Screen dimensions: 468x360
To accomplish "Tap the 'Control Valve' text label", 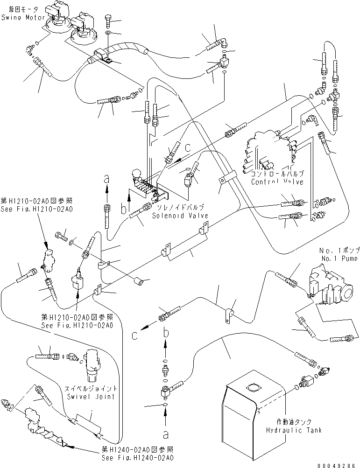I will (277, 182).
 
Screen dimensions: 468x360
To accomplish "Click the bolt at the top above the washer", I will (108, 21).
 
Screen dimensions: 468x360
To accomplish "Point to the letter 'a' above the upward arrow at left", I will (107, 178).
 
